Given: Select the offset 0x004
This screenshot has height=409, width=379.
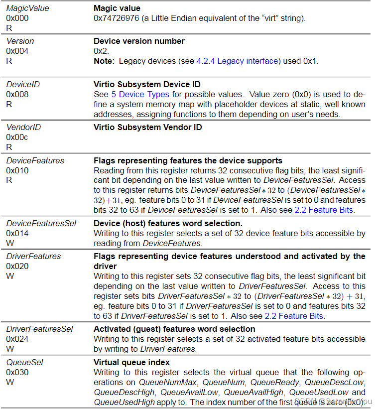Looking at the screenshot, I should coord(17,51).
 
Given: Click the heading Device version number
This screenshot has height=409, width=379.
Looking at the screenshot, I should coord(139,41).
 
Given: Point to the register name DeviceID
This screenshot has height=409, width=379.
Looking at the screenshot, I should coord(23,84).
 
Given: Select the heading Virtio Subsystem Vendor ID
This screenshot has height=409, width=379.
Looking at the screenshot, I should coord(148,127).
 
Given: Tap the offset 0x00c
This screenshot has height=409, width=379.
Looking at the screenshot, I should coord(17,137).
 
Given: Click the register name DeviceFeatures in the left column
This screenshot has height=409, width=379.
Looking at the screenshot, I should coord(35,160).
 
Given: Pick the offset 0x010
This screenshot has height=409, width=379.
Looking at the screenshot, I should coord(17,170).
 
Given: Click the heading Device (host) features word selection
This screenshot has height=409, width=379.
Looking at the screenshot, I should coord(168,223).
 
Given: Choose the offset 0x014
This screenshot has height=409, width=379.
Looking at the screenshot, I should coord(17,233).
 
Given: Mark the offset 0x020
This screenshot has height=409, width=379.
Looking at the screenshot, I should coord(17,266).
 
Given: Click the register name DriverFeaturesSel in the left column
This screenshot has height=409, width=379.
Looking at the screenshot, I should coord(39,329).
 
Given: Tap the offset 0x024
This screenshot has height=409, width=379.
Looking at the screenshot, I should coord(17,339).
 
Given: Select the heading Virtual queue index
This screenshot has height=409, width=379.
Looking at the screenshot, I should coord(131,362).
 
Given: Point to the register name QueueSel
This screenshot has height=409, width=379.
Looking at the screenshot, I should coord(24,362).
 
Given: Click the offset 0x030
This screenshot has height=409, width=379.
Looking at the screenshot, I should coord(17,372).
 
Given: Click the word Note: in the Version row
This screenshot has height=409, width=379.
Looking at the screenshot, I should coord(104,61).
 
